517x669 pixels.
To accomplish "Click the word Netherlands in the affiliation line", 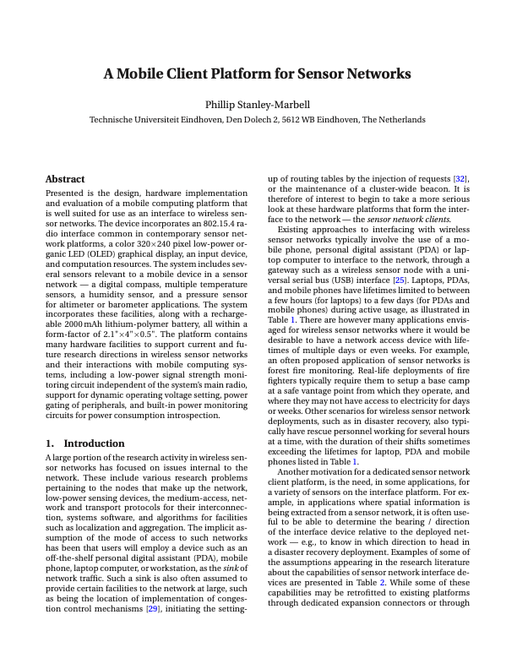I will pyautogui.click(x=400, y=120).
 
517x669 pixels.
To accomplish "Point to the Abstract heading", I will pyautogui.click(x=65, y=179).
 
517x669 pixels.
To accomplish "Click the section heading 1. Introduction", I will pyautogui.click(x=84, y=443).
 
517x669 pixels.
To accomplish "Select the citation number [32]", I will pyautogui.click(x=460, y=179).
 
